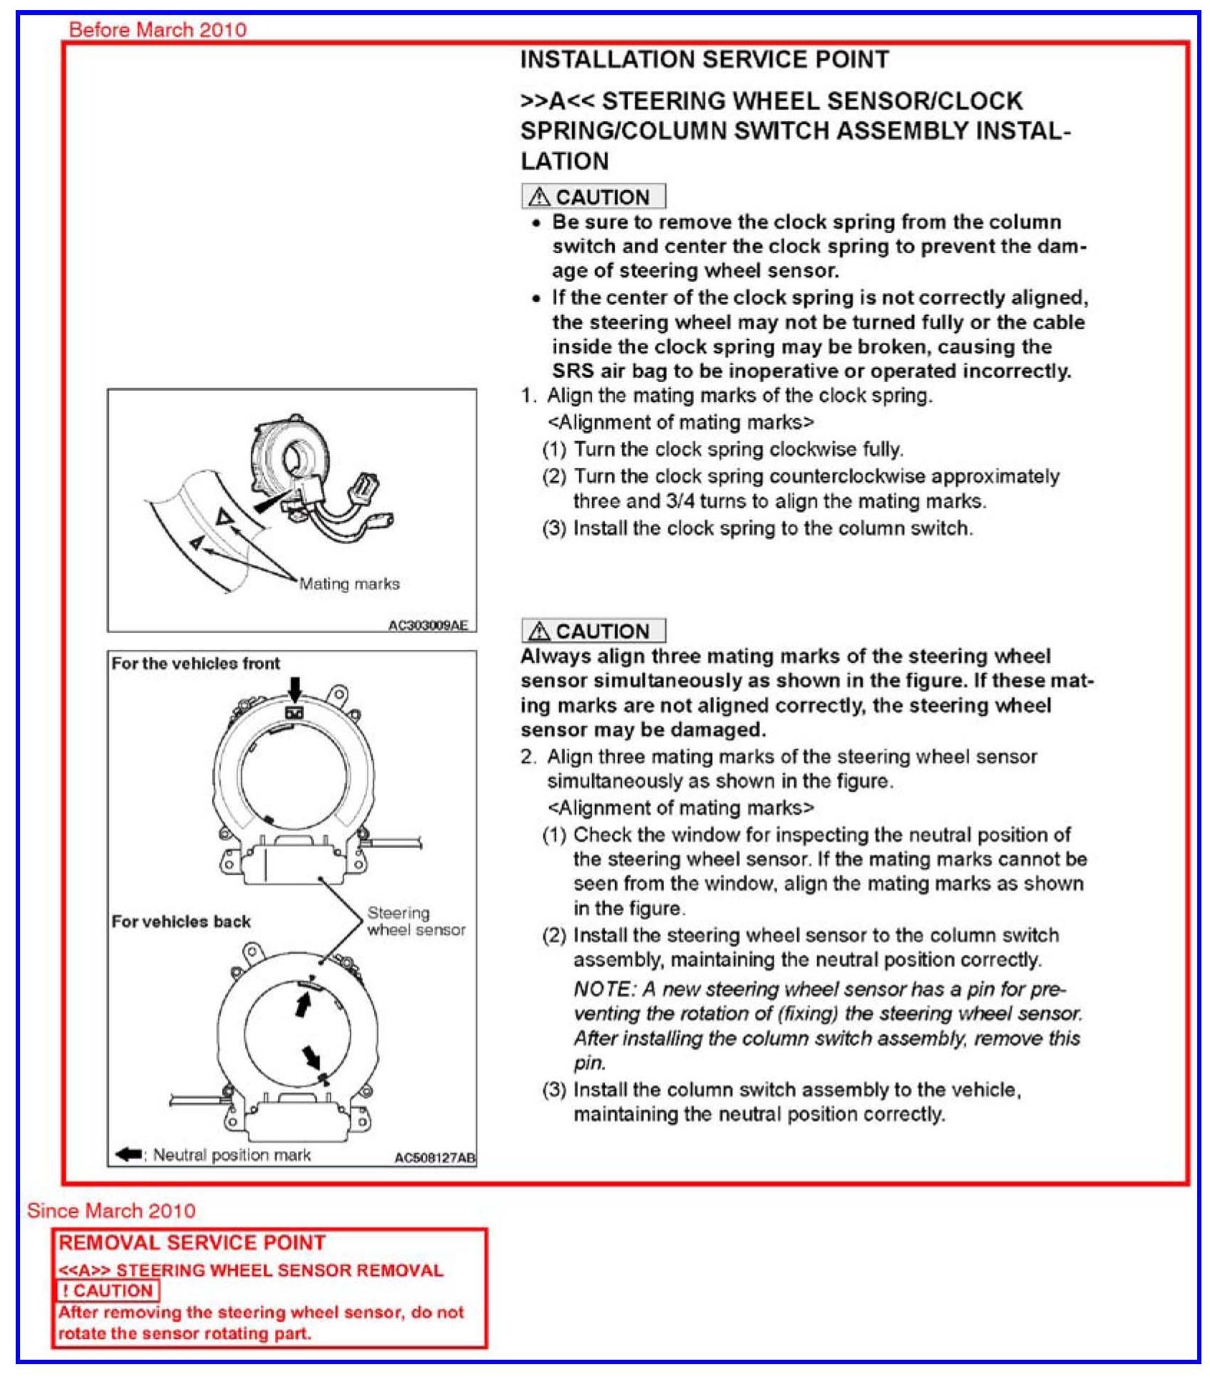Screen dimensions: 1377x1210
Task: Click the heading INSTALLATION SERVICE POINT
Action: (x=704, y=59)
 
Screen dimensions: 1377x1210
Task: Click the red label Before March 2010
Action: (x=158, y=30)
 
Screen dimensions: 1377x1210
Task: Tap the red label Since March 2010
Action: (x=111, y=1211)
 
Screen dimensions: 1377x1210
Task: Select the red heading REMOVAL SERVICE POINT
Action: (x=192, y=1243)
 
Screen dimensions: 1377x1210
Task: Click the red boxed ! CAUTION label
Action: (x=108, y=1290)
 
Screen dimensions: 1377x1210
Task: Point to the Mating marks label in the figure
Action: (x=349, y=583)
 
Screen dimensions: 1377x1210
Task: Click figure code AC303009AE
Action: (x=428, y=625)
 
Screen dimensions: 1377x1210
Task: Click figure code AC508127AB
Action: (x=434, y=1158)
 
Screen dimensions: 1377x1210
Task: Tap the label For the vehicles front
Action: (x=196, y=664)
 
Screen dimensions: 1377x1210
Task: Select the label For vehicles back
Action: (x=181, y=922)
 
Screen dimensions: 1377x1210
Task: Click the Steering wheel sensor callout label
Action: (x=416, y=921)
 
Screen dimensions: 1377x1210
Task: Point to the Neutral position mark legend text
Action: (x=232, y=1155)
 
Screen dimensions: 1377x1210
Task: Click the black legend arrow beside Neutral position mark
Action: (x=128, y=1154)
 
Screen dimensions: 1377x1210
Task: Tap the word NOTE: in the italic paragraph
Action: (x=604, y=989)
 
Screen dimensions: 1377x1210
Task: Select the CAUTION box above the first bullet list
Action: (x=594, y=196)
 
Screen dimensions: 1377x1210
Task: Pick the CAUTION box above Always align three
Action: (x=594, y=631)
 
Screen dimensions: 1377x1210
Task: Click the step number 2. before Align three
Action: (x=528, y=757)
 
